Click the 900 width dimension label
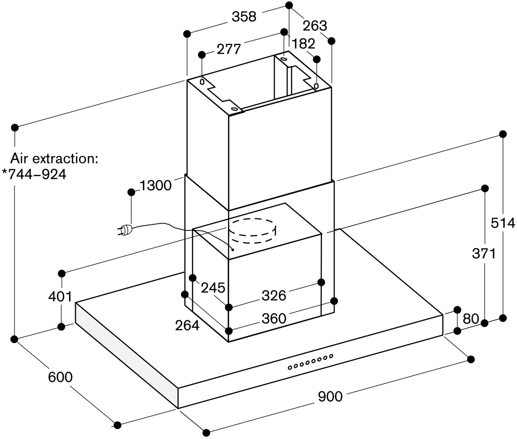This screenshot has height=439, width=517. click(x=330, y=396)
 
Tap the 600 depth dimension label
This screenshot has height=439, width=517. click(x=60, y=377)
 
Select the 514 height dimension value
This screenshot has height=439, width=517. click(x=503, y=223)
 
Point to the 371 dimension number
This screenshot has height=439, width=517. click(x=484, y=253)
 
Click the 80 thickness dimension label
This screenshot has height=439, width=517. click(x=471, y=319)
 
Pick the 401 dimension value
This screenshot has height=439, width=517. click(x=60, y=297)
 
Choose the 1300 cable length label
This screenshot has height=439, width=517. click(x=155, y=185)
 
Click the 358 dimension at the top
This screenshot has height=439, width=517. click(x=244, y=17)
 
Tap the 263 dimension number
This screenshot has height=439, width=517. click(x=315, y=26)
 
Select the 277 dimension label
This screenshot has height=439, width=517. click(x=229, y=49)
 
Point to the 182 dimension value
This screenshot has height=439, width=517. click(x=303, y=44)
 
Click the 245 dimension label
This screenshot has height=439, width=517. click(x=213, y=288)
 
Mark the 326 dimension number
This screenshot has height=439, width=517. click(x=274, y=296)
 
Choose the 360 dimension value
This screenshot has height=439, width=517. click(x=274, y=319)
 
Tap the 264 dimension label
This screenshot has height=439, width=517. click(x=187, y=326)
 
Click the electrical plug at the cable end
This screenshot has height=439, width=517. click(x=125, y=230)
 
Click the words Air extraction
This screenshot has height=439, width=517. click(x=54, y=159)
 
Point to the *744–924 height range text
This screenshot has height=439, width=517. click(x=34, y=174)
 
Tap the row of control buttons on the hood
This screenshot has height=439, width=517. click(x=310, y=362)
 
